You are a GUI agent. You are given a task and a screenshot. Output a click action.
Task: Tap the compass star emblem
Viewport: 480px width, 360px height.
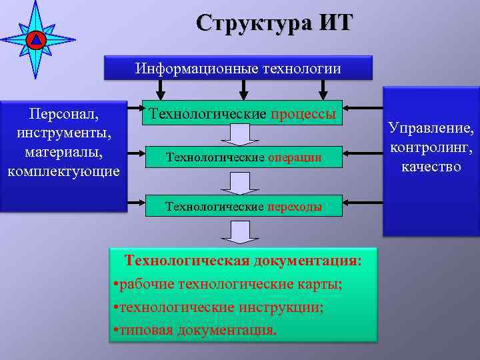36,39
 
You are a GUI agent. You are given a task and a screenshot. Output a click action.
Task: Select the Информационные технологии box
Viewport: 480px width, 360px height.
238,68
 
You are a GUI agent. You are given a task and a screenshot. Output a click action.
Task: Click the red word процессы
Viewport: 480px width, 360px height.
303,113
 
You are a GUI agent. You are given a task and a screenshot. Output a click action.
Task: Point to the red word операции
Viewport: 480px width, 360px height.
295,157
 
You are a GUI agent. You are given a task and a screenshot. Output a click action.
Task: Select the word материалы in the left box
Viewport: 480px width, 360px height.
63,152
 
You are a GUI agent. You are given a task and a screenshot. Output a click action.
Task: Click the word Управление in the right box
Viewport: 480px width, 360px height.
431,127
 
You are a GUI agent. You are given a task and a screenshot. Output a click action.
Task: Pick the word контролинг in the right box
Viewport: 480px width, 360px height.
431,146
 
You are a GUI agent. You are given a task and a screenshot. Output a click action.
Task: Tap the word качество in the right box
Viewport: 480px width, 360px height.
431,165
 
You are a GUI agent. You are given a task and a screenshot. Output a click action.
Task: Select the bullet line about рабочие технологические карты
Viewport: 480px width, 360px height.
228,284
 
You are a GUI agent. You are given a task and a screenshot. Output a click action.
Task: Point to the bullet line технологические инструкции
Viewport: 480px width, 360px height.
219,307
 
